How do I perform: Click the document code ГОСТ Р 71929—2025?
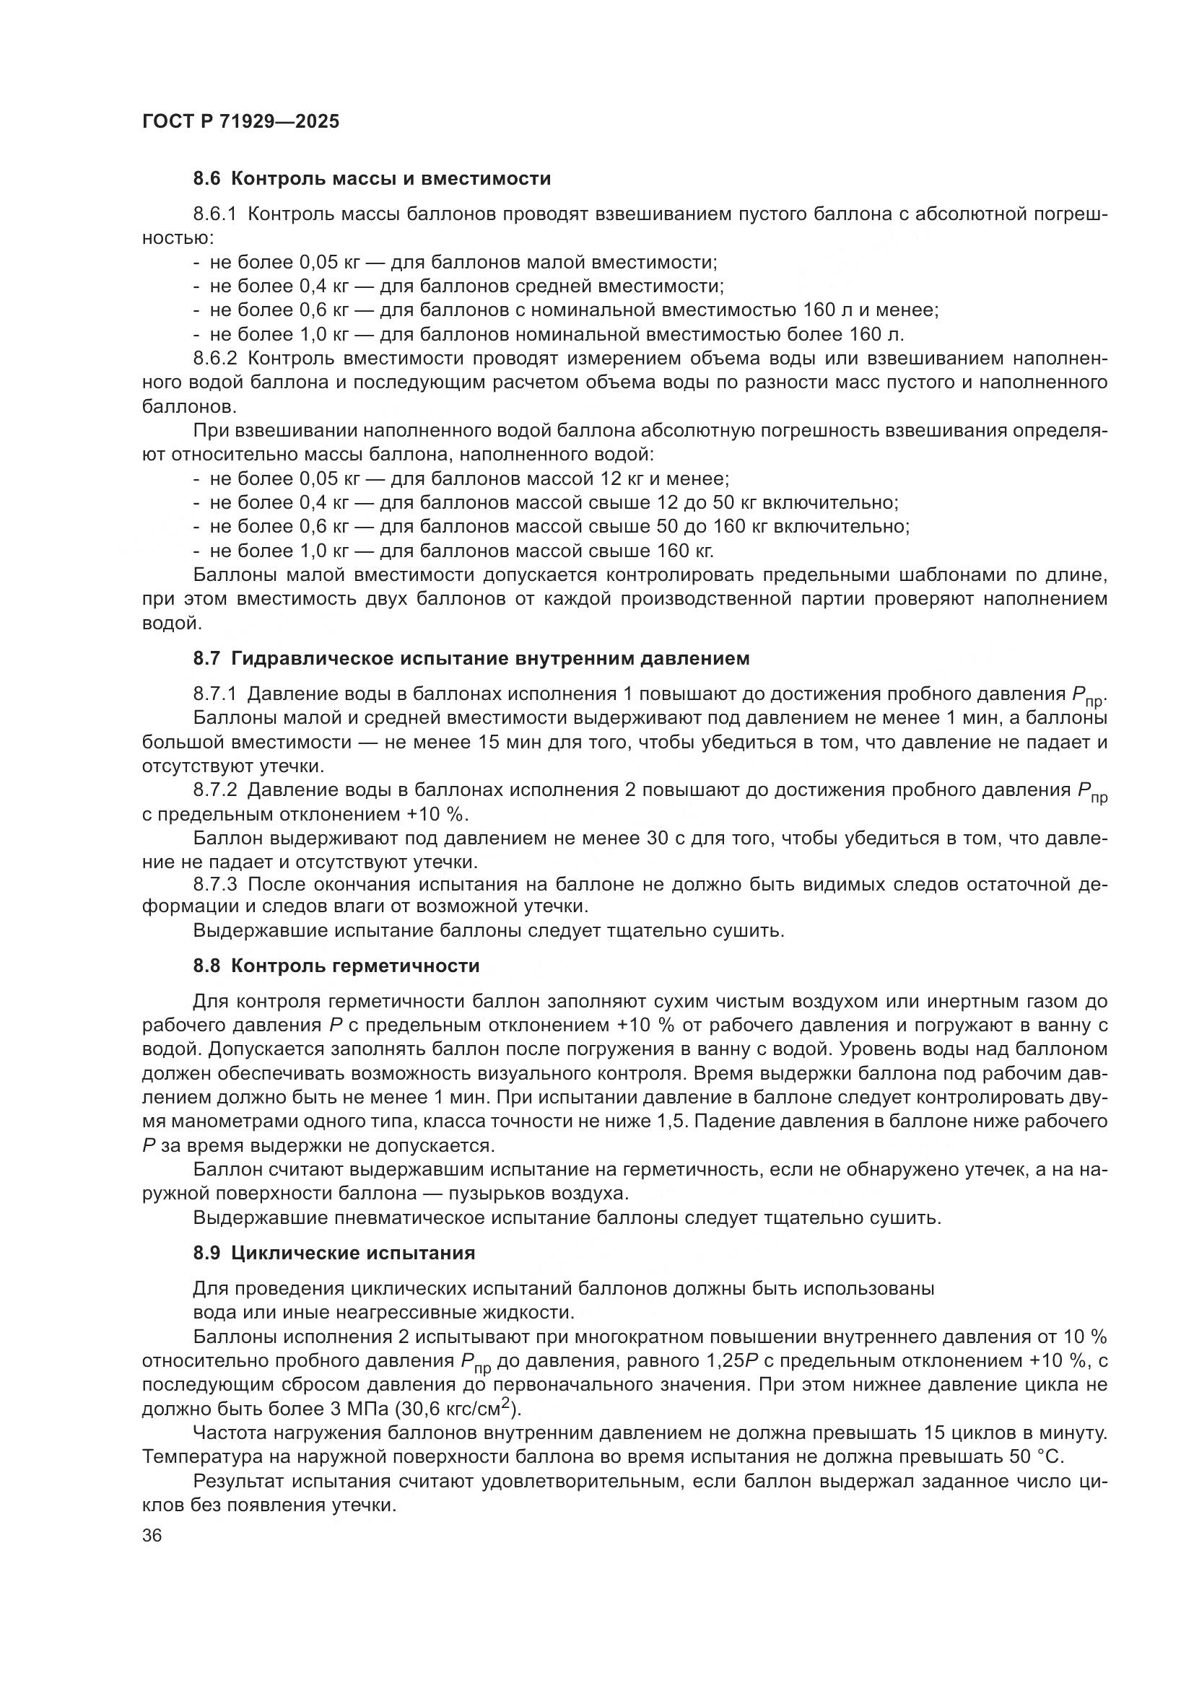[x=240, y=121]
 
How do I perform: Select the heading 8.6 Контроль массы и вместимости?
[x=372, y=179]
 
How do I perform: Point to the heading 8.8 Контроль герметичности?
[x=336, y=966]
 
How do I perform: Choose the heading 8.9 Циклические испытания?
[x=334, y=1253]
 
